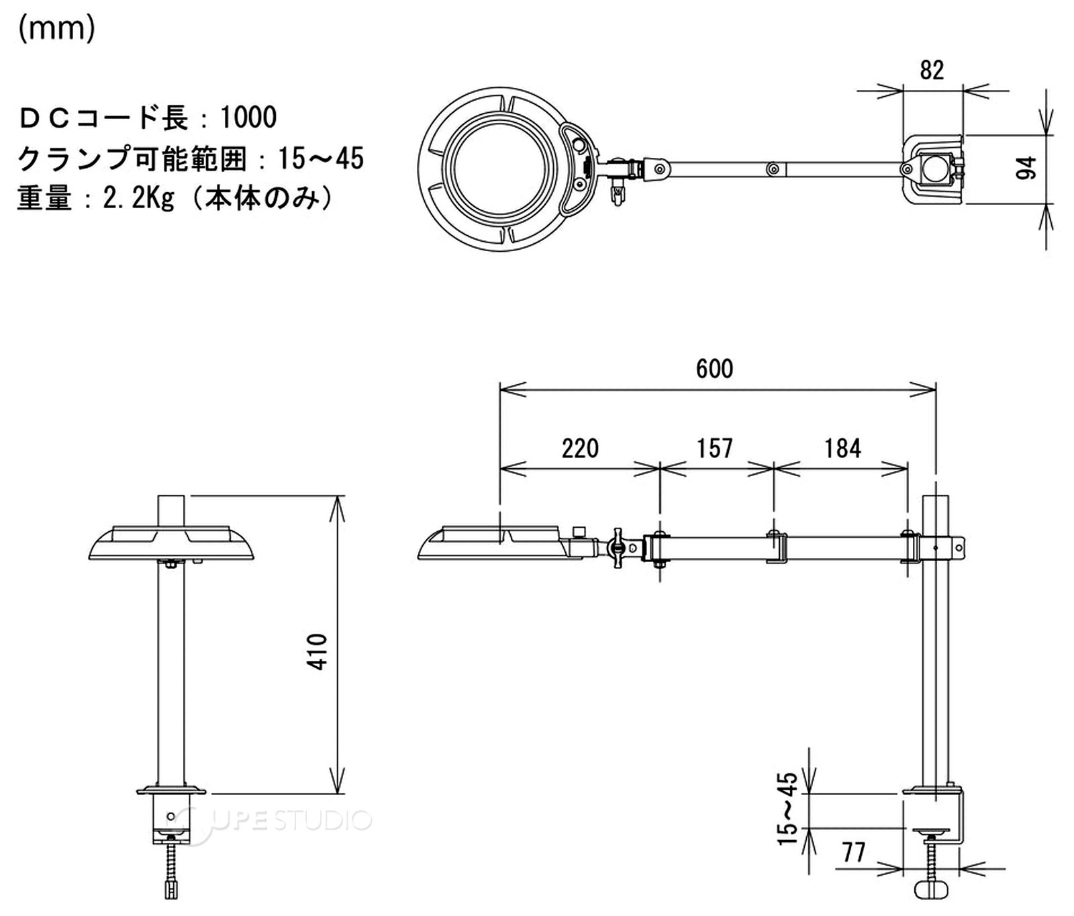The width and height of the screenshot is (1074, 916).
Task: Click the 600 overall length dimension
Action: coord(714,369)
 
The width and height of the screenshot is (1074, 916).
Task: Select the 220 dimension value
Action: coord(580,448)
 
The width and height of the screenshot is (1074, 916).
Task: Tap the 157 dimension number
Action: coord(714,448)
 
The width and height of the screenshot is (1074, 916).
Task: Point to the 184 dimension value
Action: coord(842,448)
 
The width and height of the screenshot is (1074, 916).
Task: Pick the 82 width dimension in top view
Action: coord(932,70)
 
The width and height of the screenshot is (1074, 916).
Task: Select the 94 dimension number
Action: coord(1026,168)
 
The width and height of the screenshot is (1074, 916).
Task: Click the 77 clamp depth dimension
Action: coord(854,852)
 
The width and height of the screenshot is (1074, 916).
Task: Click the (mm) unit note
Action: coord(56,30)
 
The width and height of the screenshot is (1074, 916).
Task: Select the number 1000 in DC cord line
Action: coord(248,118)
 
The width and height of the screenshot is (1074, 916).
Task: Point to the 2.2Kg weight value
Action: coord(138,198)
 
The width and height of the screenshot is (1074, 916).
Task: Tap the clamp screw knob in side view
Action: coord(933,890)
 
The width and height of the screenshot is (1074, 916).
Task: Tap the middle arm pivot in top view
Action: coord(773,168)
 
